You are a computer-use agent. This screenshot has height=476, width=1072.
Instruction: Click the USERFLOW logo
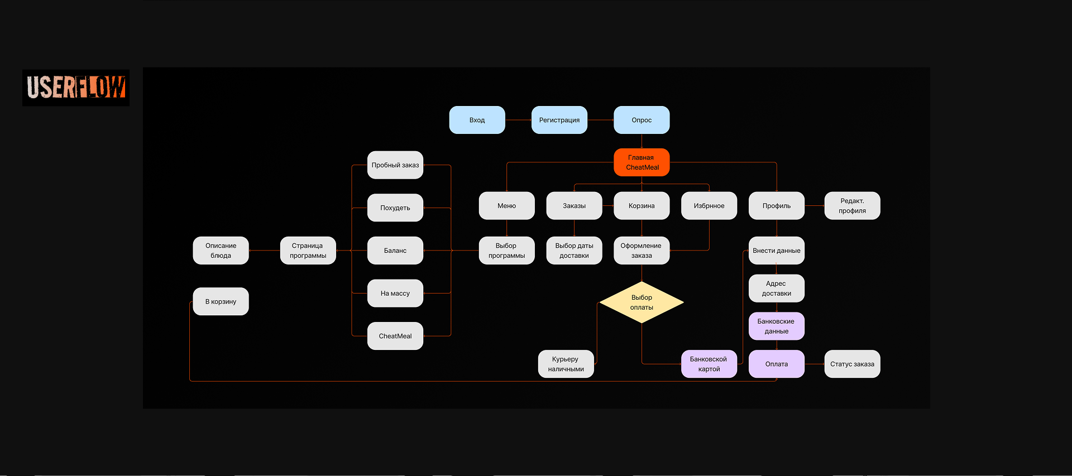click(x=76, y=88)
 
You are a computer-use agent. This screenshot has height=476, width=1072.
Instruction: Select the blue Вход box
click(x=477, y=120)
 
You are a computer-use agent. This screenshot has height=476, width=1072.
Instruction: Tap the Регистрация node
click(x=559, y=120)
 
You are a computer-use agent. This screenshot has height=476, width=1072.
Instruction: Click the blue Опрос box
click(x=642, y=120)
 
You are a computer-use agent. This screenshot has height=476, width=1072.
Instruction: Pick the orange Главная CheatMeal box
click(x=642, y=162)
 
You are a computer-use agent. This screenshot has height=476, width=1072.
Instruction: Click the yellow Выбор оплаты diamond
click(x=642, y=302)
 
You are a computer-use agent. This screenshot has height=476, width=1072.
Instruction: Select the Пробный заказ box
click(x=395, y=165)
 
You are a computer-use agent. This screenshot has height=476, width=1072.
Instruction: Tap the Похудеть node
click(x=395, y=208)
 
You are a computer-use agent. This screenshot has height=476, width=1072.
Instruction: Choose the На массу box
click(x=395, y=293)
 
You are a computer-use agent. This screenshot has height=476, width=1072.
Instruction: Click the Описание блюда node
click(x=221, y=251)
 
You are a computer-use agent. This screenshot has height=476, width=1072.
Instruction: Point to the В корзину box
click(x=221, y=301)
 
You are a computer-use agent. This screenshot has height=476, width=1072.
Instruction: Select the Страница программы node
click(x=308, y=251)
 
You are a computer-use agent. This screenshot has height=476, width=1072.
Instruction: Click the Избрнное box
click(x=709, y=206)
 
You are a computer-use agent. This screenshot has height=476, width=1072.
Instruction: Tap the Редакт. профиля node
click(x=852, y=206)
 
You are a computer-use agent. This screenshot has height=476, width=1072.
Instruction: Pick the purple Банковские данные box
click(x=776, y=326)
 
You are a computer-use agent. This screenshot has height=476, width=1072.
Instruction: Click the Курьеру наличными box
click(x=566, y=364)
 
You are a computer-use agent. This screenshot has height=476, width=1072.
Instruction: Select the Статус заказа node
click(x=852, y=364)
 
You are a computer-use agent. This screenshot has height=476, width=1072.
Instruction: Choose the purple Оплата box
click(x=776, y=364)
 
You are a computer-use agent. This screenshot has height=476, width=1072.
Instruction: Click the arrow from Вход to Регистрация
click(x=518, y=120)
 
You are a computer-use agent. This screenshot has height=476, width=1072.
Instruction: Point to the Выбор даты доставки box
click(x=574, y=251)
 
